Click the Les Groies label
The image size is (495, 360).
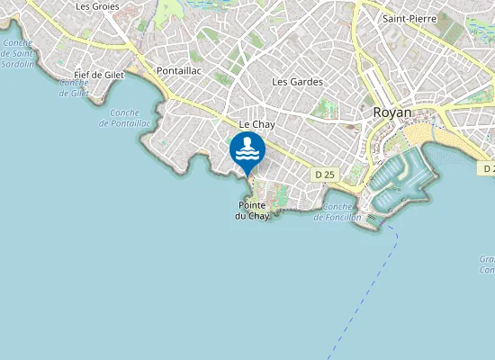tap(97, 6)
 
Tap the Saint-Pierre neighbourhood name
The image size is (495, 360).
tap(404, 18)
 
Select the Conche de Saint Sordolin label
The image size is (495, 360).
tap(17, 55)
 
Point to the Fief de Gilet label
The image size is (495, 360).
tap(99, 75)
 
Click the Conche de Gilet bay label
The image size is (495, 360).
tap(74, 87)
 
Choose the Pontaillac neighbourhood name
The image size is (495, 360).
tap(179, 69)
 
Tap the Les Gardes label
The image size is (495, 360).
tap(297, 82)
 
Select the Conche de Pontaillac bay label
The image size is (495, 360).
tap(130, 117)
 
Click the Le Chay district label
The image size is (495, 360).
tap(256, 124)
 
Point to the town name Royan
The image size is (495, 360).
tap(391, 112)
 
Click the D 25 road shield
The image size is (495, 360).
tap(324, 173)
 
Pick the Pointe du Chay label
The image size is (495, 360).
tap(252, 211)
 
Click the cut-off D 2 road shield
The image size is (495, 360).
tap(487, 168)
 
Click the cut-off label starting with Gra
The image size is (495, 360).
tap(487, 264)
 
